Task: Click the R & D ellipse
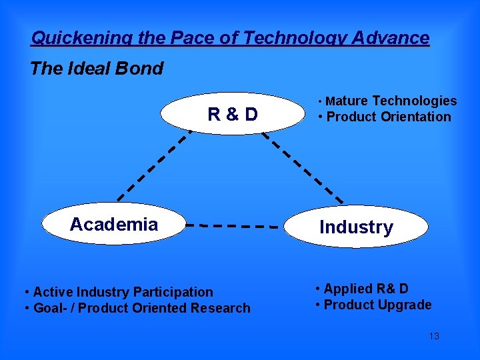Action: (x=233, y=114)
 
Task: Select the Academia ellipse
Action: (x=114, y=224)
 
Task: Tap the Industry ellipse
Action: (x=356, y=227)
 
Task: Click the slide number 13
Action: (x=433, y=336)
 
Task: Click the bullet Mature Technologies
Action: (x=389, y=101)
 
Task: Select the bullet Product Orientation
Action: (x=386, y=117)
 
